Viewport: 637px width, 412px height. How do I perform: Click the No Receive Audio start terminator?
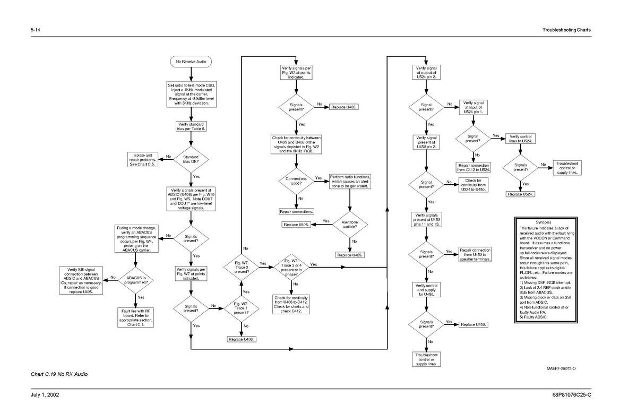click(x=191, y=62)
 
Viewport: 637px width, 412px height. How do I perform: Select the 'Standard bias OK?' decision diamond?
click(x=191, y=159)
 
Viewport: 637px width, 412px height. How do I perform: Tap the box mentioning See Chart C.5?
click(x=142, y=160)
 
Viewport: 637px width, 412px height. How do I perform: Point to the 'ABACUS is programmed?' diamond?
click(x=136, y=280)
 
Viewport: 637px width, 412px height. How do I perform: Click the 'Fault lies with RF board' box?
click(x=136, y=317)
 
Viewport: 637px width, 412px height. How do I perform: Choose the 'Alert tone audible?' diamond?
click(x=350, y=225)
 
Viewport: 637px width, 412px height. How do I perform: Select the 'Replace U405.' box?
click(x=350, y=255)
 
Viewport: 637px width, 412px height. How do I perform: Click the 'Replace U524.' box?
click(x=520, y=194)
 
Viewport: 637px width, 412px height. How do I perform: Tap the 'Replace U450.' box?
click(x=473, y=324)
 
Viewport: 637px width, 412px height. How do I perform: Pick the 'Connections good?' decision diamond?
click(x=296, y=181)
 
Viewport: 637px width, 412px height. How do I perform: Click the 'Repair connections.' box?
click(x=296, y=211)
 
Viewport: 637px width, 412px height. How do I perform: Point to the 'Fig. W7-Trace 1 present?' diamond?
click(x=241, y=308)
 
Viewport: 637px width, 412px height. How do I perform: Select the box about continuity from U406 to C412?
click(x=291, y=305)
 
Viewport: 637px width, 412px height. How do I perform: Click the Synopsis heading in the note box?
click(x=544, y=222)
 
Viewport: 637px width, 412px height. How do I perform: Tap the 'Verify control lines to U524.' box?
click(x=520, y=139)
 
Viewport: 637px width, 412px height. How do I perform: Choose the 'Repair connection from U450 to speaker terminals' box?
click(x=475, y=255)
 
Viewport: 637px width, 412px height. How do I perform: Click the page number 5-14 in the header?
click(x=35, y=30)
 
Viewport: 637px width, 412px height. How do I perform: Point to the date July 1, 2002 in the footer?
click(x=45, y=394)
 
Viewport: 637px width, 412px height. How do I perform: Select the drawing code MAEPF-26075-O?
click(x=561, y=368)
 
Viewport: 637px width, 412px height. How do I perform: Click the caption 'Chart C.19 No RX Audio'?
click(x=59, y=374)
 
